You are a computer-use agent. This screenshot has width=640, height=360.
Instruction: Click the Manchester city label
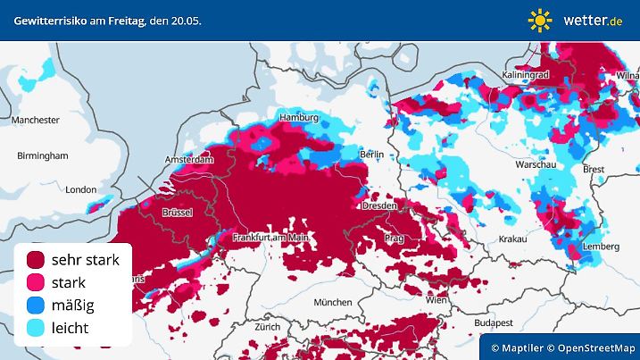click(36, 120)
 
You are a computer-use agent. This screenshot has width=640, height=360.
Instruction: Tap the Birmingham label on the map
click(42, 155)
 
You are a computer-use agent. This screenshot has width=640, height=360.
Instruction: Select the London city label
click(80, 189)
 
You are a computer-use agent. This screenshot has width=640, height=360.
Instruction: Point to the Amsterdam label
click(189, 160)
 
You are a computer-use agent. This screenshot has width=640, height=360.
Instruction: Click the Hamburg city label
click(298, 118)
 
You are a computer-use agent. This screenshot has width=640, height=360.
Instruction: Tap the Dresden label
click(379, 206)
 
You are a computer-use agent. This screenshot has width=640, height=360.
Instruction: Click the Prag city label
click(394, 239)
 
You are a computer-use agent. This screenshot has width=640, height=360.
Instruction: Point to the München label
click(331, 303)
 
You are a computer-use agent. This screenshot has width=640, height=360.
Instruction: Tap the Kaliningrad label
click(525, 76)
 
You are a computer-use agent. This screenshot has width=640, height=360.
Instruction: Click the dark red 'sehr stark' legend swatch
click(37, 260)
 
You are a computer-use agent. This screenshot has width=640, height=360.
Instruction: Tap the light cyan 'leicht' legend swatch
click(37, 328)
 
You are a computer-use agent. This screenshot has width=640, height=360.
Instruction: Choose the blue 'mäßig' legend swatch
click(37, 306)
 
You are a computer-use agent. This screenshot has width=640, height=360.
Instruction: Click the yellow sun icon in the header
click(539, 20)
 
